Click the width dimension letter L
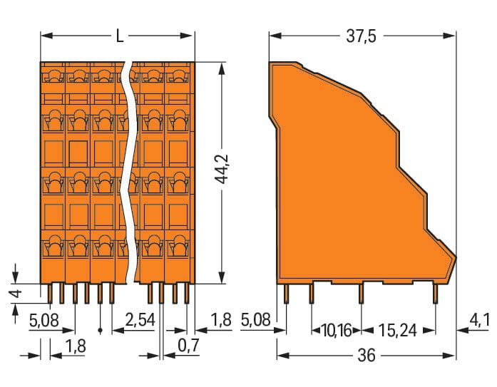pos(119,36)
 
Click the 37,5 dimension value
pos(361,36)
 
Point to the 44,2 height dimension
pos(222,169)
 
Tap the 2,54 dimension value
pos(140,320)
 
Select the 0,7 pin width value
pos(188,346)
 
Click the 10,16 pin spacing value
pos(337,331)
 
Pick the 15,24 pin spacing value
pos(397,331)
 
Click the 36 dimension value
pos(367,356)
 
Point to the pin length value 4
pos(16,293)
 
